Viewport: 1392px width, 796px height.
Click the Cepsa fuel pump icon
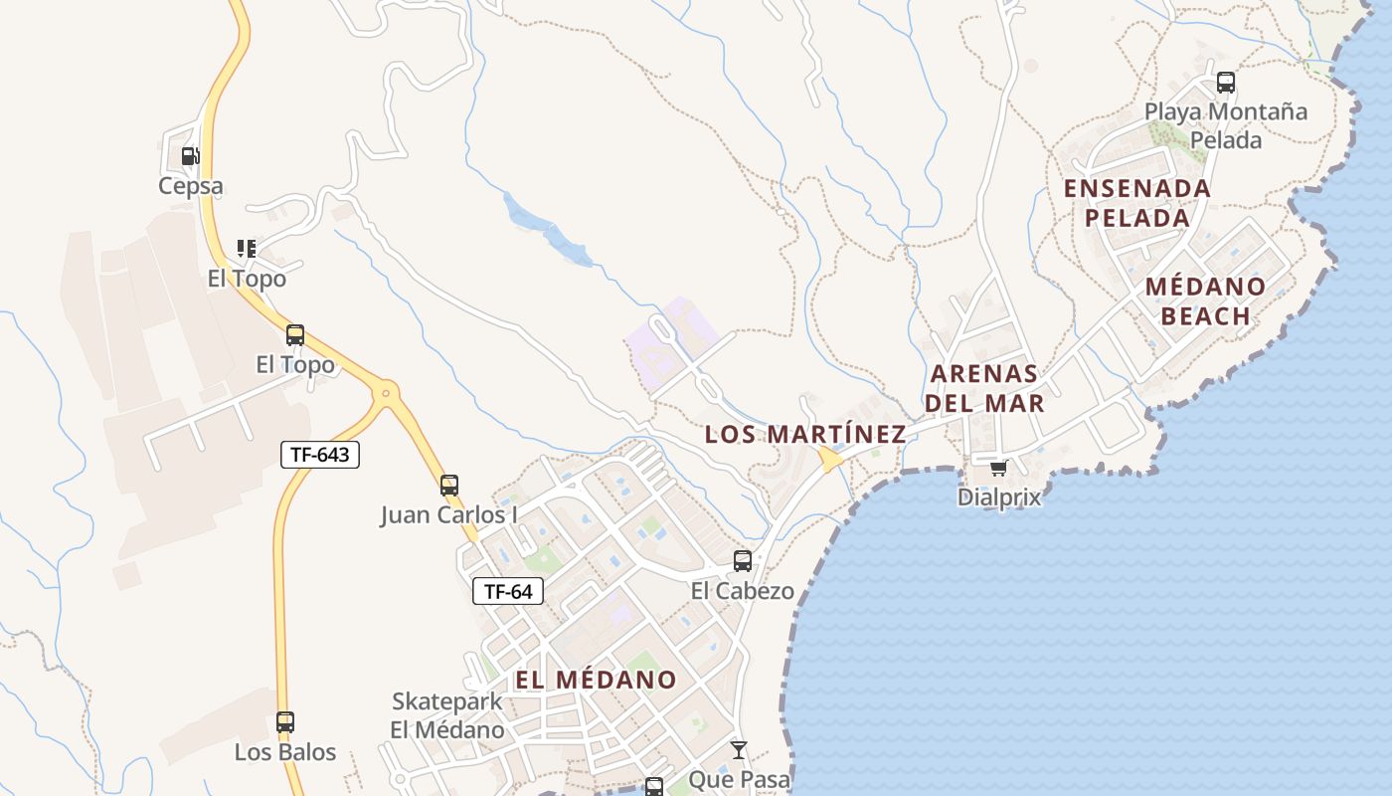click(x=189, y=156)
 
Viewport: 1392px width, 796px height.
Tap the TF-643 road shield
click(x=319, y=455)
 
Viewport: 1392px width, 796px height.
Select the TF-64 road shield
click(x=508, y=591)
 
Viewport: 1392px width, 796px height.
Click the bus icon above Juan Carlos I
click(x=449, y=486)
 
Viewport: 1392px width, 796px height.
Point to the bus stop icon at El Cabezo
click(x=743, y=561)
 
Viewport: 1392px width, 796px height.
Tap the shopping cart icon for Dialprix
click(x=998, y=468)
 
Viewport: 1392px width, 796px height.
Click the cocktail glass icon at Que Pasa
click(x=738, y=749)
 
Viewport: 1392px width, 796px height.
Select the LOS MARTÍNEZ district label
click(x=805, y=434)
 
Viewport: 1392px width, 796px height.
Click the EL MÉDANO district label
click(x=596, y=680)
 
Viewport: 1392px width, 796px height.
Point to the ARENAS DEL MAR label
click(x=984, y=388)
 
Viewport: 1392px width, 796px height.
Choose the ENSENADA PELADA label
click(x=1137, y=203)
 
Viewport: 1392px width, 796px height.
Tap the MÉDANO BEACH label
click(x=1205, y=301)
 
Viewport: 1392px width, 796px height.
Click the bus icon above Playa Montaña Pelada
click(x=1226, y=83)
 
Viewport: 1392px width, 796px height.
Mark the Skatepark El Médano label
click(x=447, y=715)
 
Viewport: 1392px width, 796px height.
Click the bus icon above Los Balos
click(x=285, y=722)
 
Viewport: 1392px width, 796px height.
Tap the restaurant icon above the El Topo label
click(x=246, y=249)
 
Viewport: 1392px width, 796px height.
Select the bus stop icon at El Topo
click(x=295, y=335)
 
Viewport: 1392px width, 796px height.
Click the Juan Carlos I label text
click(x=448, y=515)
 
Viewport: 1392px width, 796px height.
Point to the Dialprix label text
click(x=999, y=497)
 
